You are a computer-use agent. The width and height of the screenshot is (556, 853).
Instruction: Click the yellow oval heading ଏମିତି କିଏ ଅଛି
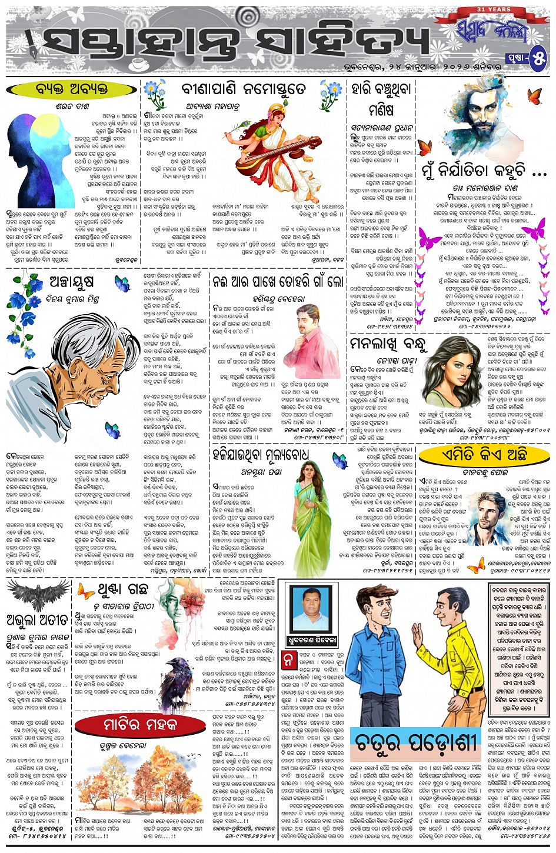[484, 454]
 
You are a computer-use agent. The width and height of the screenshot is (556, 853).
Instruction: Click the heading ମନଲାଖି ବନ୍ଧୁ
[388, 344]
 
